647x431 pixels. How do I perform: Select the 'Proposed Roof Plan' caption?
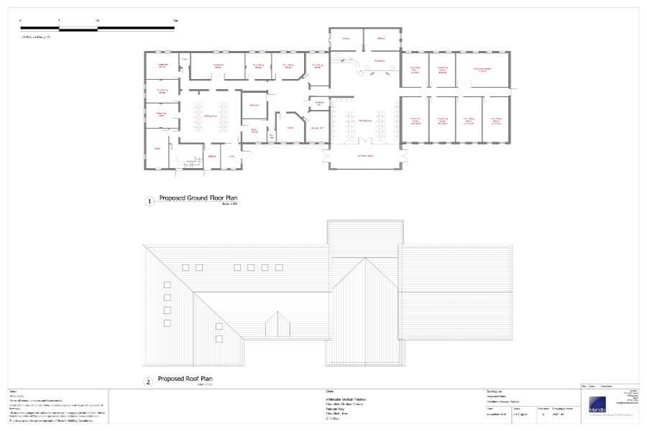tap(185, 379)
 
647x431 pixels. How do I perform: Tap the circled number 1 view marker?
tap(150, 202)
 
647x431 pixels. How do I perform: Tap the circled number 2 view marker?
tap(149, 382)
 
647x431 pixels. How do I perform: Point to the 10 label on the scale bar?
tap(97, 22)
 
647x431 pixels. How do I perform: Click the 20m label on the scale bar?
tap(175, 22)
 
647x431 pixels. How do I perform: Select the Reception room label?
tap(380, 61)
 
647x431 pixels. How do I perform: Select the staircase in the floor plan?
tap(190, 164)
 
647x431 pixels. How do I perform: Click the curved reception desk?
tap(357, 66)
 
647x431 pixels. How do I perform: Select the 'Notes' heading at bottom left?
tap(13, 391)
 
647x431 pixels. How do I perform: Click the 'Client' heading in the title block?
tap(330, 392)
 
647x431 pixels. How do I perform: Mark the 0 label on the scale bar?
tap(20, 22)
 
